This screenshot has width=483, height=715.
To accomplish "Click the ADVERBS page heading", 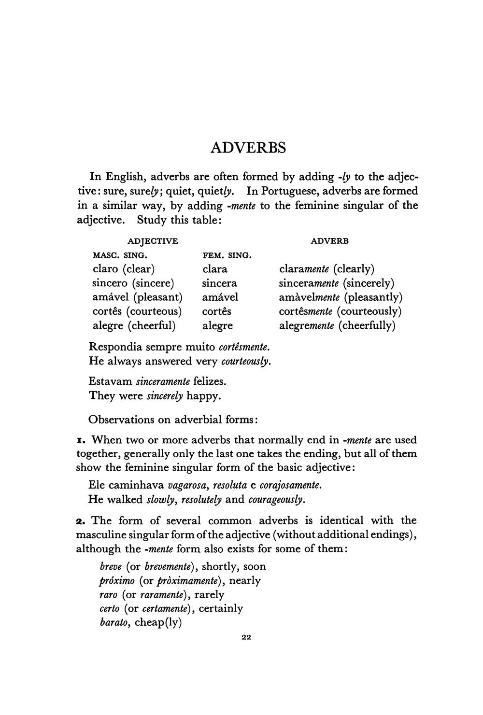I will (248, 148).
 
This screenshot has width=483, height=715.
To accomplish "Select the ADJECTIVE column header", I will (152, 241).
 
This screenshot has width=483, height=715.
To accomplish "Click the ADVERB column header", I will (330, 241).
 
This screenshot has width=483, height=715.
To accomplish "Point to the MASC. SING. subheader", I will (120, 255).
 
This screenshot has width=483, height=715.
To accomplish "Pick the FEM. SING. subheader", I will (227, 255).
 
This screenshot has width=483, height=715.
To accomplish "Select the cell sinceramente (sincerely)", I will (337, 283).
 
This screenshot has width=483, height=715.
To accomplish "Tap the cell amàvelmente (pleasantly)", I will (341, 297).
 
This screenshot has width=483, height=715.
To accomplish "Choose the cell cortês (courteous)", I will (137, 311).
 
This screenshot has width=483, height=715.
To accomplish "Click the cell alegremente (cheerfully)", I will (337, 326).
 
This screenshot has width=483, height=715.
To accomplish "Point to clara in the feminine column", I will (215, 269).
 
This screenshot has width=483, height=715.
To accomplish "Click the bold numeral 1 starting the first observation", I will (81, 440).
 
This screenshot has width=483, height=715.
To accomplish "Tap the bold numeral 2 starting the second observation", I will (81, 521).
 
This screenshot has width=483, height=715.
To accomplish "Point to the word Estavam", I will (111, 381).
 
